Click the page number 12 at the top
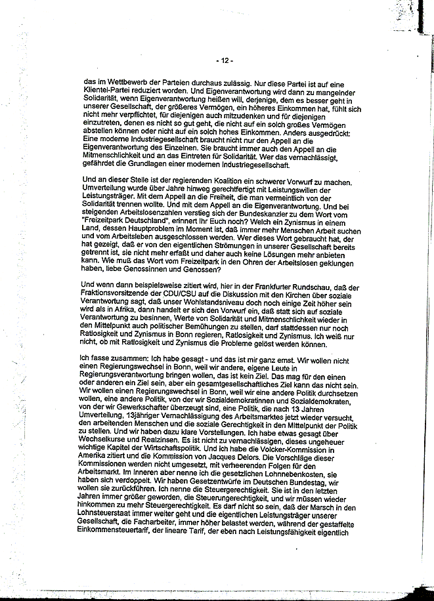point(223,61)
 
